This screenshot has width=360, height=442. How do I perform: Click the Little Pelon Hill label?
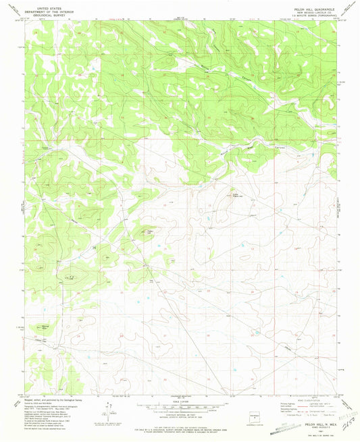pos(236,196)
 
